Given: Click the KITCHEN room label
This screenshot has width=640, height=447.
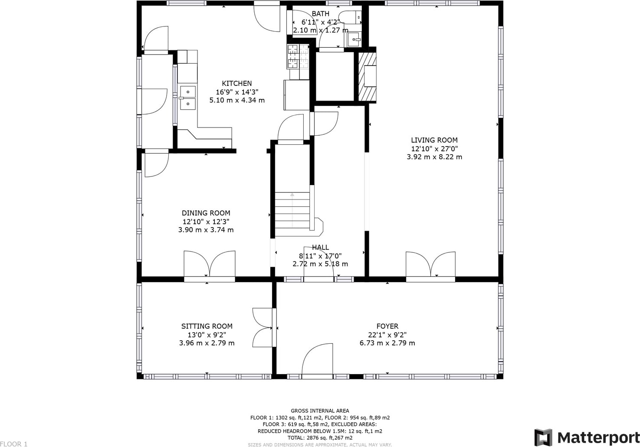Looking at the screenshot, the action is coord(237,83).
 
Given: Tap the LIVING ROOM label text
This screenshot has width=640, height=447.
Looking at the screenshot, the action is coord(434,140).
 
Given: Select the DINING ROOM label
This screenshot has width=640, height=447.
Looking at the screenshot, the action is coord(206,213).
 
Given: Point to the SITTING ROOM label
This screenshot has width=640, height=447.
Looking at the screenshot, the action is coord(207,326).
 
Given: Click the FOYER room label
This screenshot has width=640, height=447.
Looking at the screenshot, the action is coord(387,326).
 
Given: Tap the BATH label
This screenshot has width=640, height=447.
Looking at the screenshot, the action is coord(321,14).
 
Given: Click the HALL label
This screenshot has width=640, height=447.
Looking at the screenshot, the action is coord(320,247).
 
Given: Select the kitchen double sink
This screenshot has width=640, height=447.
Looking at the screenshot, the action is coord(188,98).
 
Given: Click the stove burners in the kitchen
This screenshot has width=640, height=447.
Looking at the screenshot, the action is coord(298,56).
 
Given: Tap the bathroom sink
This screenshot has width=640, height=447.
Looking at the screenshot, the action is coord(354,39).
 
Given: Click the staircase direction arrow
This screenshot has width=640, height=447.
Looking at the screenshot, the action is coord(292,210).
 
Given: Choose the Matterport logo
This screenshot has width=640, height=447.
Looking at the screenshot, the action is coord(587,437).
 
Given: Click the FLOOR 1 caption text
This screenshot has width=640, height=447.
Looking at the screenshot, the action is coord(14,444).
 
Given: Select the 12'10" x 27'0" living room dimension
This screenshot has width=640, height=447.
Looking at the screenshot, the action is coord(434,149).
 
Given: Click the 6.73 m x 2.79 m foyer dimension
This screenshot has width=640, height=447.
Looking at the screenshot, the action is coord(387,343).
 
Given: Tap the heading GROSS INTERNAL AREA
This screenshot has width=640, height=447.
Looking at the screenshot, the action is coord(320,411).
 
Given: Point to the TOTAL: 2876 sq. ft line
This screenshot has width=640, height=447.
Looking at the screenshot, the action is coord(320,438).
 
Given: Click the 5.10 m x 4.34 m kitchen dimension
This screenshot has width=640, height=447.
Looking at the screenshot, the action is coord(237,100).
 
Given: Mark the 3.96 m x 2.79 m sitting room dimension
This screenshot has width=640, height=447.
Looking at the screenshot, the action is coord(207,343).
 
